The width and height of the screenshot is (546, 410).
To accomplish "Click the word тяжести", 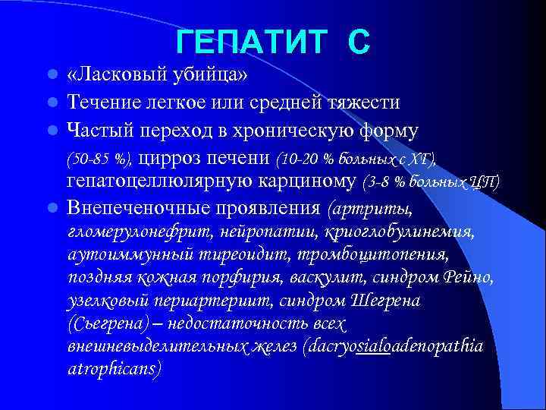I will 362,102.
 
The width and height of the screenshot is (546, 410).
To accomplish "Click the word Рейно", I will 469,277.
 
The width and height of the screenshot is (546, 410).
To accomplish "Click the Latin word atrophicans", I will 114,369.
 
